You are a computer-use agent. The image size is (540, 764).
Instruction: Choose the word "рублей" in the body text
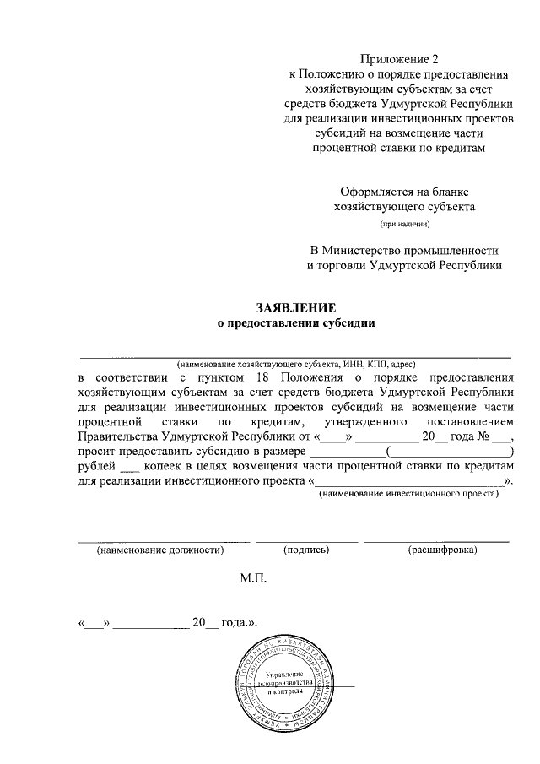tap(95, 466)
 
